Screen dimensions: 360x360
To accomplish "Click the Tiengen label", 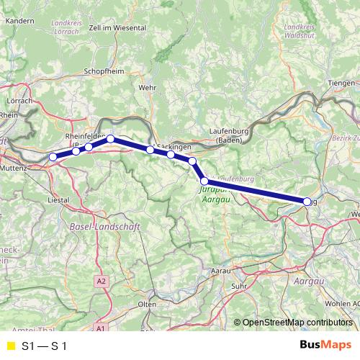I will tap(341, 84).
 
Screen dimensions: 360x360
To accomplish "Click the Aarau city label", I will tap(220, 271).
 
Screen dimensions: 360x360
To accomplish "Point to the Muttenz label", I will tap(14, 167).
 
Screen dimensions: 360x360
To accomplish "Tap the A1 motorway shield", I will tap(100, 328).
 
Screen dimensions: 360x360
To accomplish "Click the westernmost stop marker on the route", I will tap(53, 157).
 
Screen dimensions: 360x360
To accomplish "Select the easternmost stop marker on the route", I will tap(308, 202).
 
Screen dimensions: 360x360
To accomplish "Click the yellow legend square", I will tap(9, 346).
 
